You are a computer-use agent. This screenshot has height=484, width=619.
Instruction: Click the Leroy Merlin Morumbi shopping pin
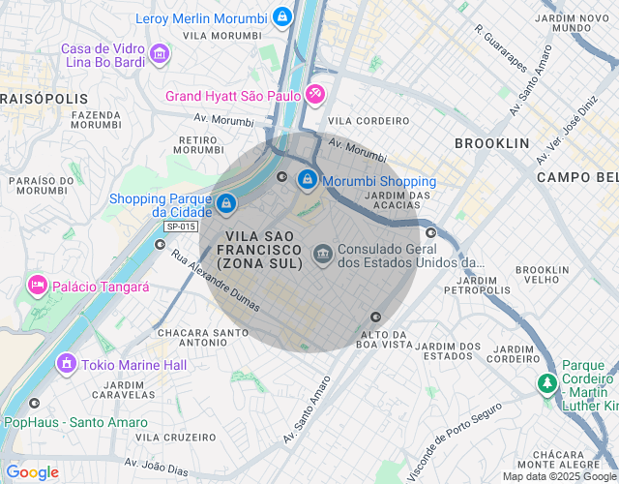(x=280, y=16)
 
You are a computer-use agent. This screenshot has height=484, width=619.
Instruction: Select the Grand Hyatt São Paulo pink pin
(x=314, y=95)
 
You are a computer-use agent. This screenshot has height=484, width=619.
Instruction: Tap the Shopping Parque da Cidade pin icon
(x=225, y=203)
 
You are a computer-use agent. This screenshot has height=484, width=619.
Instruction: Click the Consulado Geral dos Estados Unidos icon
(x=322, y=255)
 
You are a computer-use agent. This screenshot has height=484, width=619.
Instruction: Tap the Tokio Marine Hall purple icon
(x=67, y=364)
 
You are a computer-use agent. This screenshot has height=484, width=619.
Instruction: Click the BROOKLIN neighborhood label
(x=492, y=143)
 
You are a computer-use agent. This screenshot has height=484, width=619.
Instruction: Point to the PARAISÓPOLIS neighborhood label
(x=44, y=99)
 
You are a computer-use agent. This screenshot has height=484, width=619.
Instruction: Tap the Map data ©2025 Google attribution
(x=559, y=476)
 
